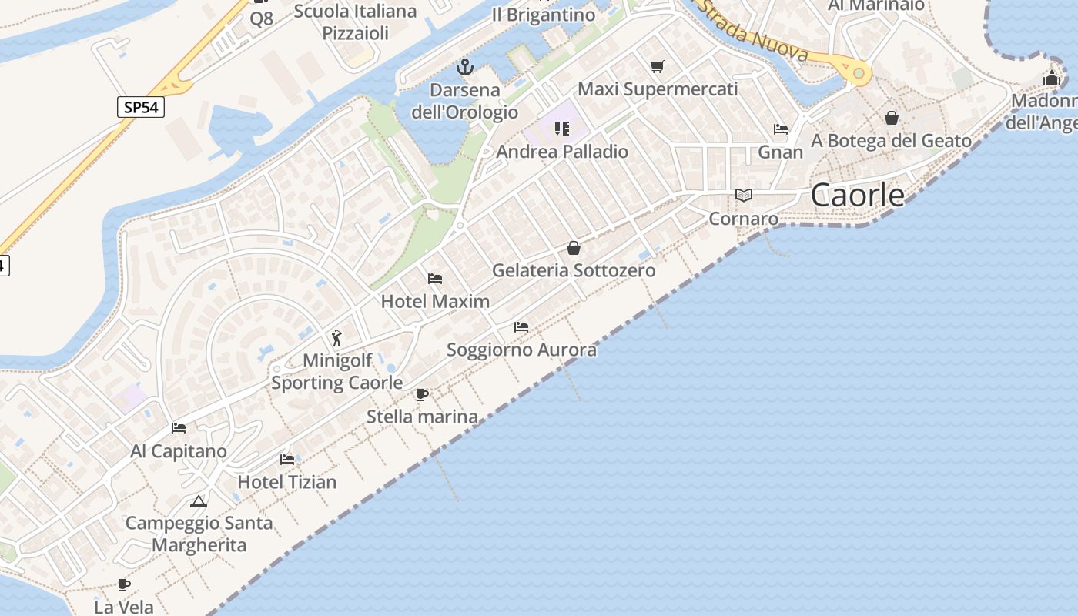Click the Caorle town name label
pyautogui.click(x=858, y=196)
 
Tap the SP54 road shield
pyautogui.click(x=141, y=107)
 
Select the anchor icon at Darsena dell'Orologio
pyautogui.click(x=464, y=67)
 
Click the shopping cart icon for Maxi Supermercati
pyautogui.click(x=657, y=67)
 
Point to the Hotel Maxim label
pyautogui.click(x=435, y=301)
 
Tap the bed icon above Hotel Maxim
pyautogui.click(x=435, y=278)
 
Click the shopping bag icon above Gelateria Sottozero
pyautogui.click(x=574, y=248)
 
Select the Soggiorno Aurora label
pyautogui.click(x=521, y=350)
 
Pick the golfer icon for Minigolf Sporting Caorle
pyautogui.click(x=336, y=337)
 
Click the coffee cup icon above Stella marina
pyautogui.click(x=421, y=395)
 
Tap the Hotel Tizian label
pyautogui.click(x=286, y=482)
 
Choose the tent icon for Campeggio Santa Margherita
pyautogui.click(x=199, y=502)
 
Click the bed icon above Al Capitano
pyautogui.click(x=179, y=428)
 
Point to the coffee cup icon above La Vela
pyautogui.click(x=123, y=585)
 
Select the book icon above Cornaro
pyautogui.click(x=743, y=196)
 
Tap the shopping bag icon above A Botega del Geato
pyautogui.click(x=891, y=118)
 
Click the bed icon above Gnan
pyautogui.click(x=781, y=129)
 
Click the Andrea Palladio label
pyautogui.click(x=562, y=152)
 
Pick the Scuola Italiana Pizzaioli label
pyautogui.click(x=355, y=22)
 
